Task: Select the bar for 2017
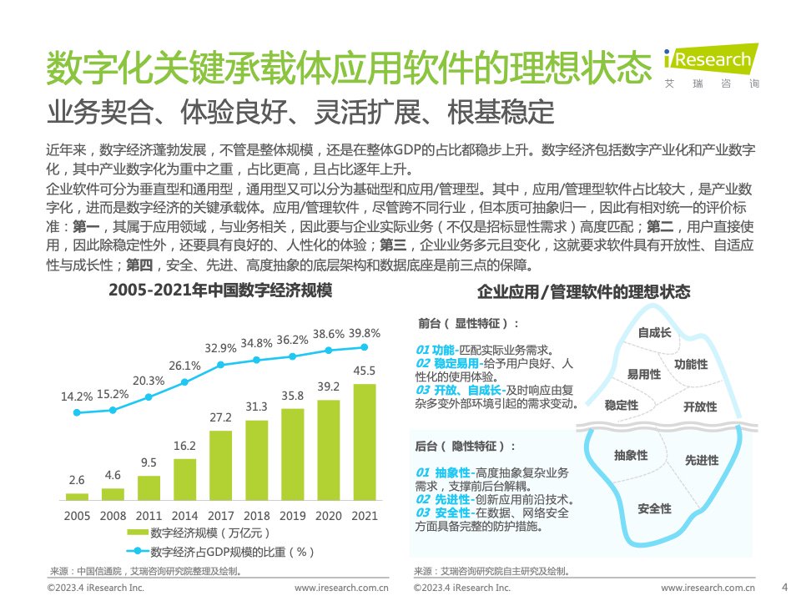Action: click(221, 464)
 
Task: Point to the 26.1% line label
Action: click(184, 366)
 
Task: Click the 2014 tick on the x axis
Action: click(184, 517)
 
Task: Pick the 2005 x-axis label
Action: click(77, 517)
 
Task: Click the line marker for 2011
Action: click(149, 397)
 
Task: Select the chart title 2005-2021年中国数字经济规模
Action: click(220, 291)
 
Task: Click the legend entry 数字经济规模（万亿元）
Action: click(200, 533)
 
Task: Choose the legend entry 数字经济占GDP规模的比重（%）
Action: click(221, 551)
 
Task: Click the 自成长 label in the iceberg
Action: click(654, 332)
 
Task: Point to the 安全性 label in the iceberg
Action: click(654, 508)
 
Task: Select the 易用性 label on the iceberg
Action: click(643, 374)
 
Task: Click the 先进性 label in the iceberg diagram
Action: click(701, 459)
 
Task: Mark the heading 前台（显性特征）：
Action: click(468, 323)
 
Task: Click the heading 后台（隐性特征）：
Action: click(466, 447)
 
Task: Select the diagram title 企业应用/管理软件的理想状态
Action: click(583, 292)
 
